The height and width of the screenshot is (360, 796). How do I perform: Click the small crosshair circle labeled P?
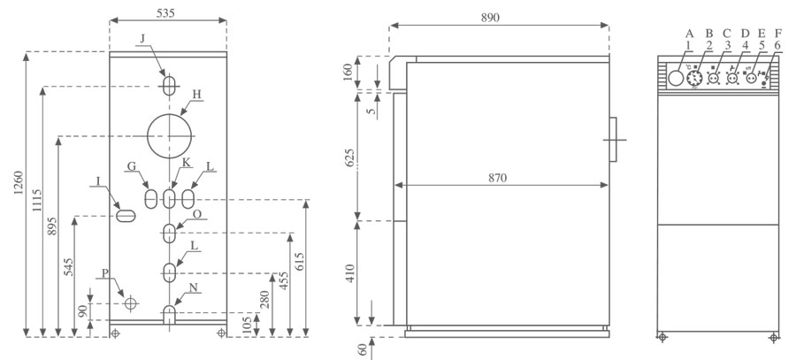tap(131, 303)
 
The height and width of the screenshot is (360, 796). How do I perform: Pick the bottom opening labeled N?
tap(168, 314)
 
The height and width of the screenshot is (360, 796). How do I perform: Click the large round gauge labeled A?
tap(677, 78)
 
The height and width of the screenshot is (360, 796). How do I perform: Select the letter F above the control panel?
tap(777, 34)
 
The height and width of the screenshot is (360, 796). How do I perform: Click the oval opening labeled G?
tap(151, 196)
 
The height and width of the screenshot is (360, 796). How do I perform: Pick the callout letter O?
tap(195, 213)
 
